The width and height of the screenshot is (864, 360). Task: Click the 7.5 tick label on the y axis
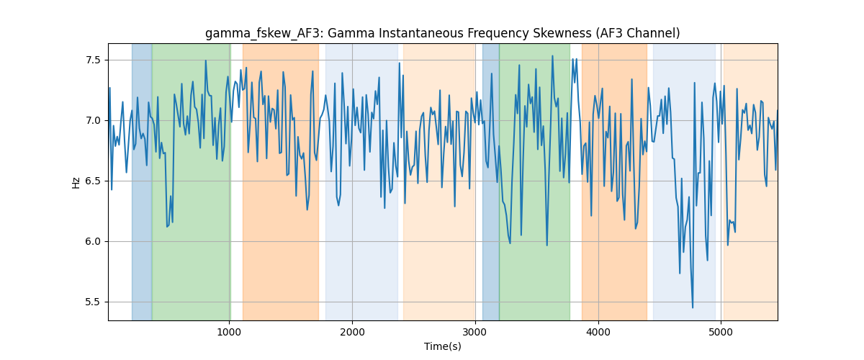click(x=93, y=60)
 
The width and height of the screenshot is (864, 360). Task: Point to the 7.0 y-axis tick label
click(x=93, y=121)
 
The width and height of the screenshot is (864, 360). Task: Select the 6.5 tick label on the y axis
click(x=93, y=181)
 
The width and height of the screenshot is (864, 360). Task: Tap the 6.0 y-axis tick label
click(x=93, y=241)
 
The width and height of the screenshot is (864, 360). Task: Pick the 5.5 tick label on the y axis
click(x=93, y=302)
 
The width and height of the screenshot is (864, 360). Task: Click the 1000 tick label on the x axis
click(x=229, y=332)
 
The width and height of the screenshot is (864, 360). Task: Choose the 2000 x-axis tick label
click(x=352, y=332)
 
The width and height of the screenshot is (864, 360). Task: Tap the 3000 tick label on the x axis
click(x=475, y=332)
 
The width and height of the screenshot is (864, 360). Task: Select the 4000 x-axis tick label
click(x=598, y=332)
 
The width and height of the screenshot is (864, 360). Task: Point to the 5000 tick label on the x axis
click(x=721, y=332)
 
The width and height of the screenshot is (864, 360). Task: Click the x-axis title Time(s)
click(x=443, y=346)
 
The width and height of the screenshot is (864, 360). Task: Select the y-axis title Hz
click(x=76, y=183)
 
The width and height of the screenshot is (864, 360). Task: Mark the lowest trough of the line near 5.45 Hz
click(x=693, y=307)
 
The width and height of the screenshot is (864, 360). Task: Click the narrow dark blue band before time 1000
click(x=142, y=181)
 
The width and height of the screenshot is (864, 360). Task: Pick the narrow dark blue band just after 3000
click(x=490, y=181)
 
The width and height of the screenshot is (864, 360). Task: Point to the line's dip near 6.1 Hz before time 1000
click(x=167, y=227)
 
